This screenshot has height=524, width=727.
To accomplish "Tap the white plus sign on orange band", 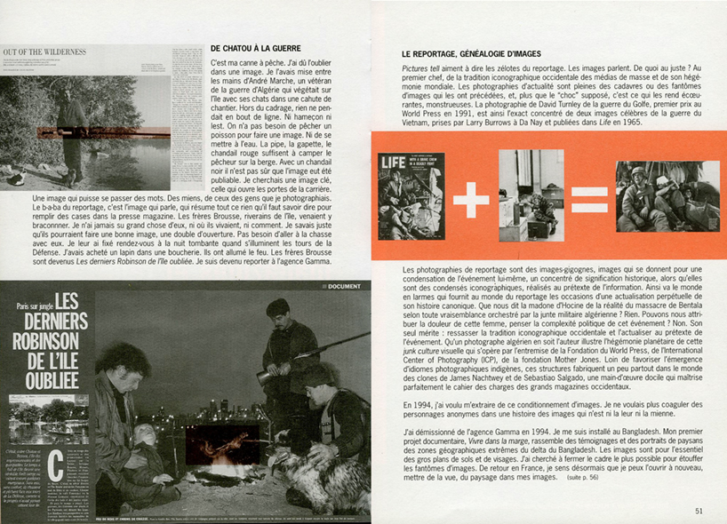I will (x=471, y=196).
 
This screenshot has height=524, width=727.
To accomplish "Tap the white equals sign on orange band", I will (x=589, y=196).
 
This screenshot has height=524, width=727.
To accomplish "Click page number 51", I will (x=699, y=510).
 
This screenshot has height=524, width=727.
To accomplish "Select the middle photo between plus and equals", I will (x=531, y=195).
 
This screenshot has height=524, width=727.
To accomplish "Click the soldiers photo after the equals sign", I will (x=667, y=195).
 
